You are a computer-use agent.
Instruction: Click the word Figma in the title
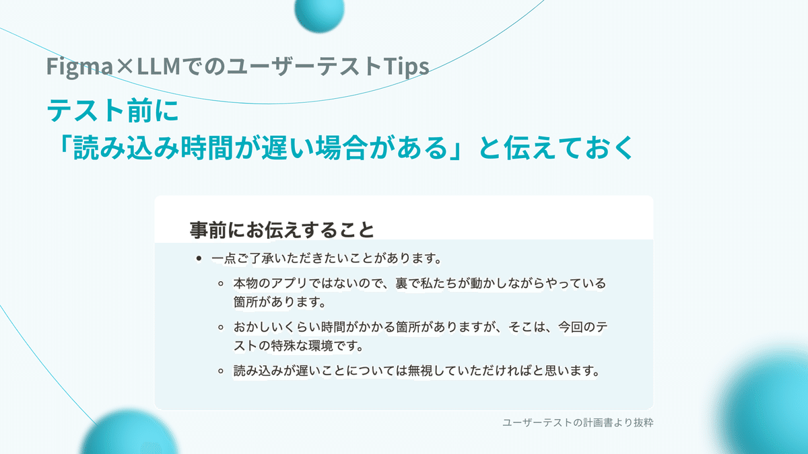point(79,67)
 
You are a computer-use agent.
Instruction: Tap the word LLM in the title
point(158,66)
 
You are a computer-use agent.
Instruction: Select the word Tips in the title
point(406,67)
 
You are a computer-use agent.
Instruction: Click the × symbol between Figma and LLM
point(125,66)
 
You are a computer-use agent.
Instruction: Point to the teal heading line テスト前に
point(113,110)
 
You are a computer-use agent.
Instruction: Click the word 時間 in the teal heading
point(206,148)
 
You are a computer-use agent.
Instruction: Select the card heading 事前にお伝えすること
point(281,230)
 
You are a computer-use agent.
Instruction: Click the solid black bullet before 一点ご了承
point(199,258)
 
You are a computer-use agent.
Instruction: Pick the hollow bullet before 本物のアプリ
point(221,284)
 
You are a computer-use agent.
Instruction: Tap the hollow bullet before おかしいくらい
point(221,327)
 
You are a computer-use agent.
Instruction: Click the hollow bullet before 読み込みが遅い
point(221,371)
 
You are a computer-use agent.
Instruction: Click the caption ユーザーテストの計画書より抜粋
point(578,422)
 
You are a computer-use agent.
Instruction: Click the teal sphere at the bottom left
point(129,432)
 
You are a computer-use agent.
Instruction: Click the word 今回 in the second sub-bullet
point(571,327)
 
